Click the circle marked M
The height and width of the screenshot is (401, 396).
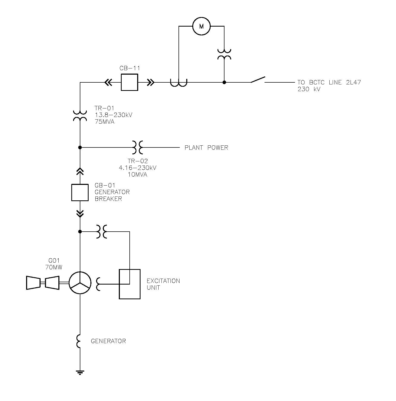click(x=201, y=26)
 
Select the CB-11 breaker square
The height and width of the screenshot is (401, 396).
click(x=129, y=82)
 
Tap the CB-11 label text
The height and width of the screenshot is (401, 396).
click(x=129, y=68)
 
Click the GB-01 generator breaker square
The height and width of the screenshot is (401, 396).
click(x=80, y=192)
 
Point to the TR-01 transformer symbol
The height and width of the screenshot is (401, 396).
click(x=80, y=116)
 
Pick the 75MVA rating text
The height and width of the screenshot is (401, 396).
click(x=104, y=122)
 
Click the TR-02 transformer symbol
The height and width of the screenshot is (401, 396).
click(x=137, y=147)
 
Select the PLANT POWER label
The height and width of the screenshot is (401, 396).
click(x=206, y=148)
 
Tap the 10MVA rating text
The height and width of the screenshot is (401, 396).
click(x=137, y=175)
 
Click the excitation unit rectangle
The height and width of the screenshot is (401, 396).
click(x=130, y=284)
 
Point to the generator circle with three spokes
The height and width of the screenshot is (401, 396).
click(x=80, y=283)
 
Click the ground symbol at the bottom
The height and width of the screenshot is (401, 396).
click(x=80, y=372)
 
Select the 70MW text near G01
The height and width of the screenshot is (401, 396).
click(x=54, y=267)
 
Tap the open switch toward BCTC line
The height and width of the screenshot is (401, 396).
click(x=258, y=80)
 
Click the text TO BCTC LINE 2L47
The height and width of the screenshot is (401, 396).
click(x=329, y=83)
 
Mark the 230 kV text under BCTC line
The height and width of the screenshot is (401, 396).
click(x=309, y=89)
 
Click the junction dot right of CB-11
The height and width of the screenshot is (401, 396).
click(x=224, y=82)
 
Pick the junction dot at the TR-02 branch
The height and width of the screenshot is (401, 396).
click(x=80, y=147)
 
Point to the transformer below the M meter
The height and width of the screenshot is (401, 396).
click(x=224, y=54)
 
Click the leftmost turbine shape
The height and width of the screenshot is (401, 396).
click(x=33, y=283)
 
